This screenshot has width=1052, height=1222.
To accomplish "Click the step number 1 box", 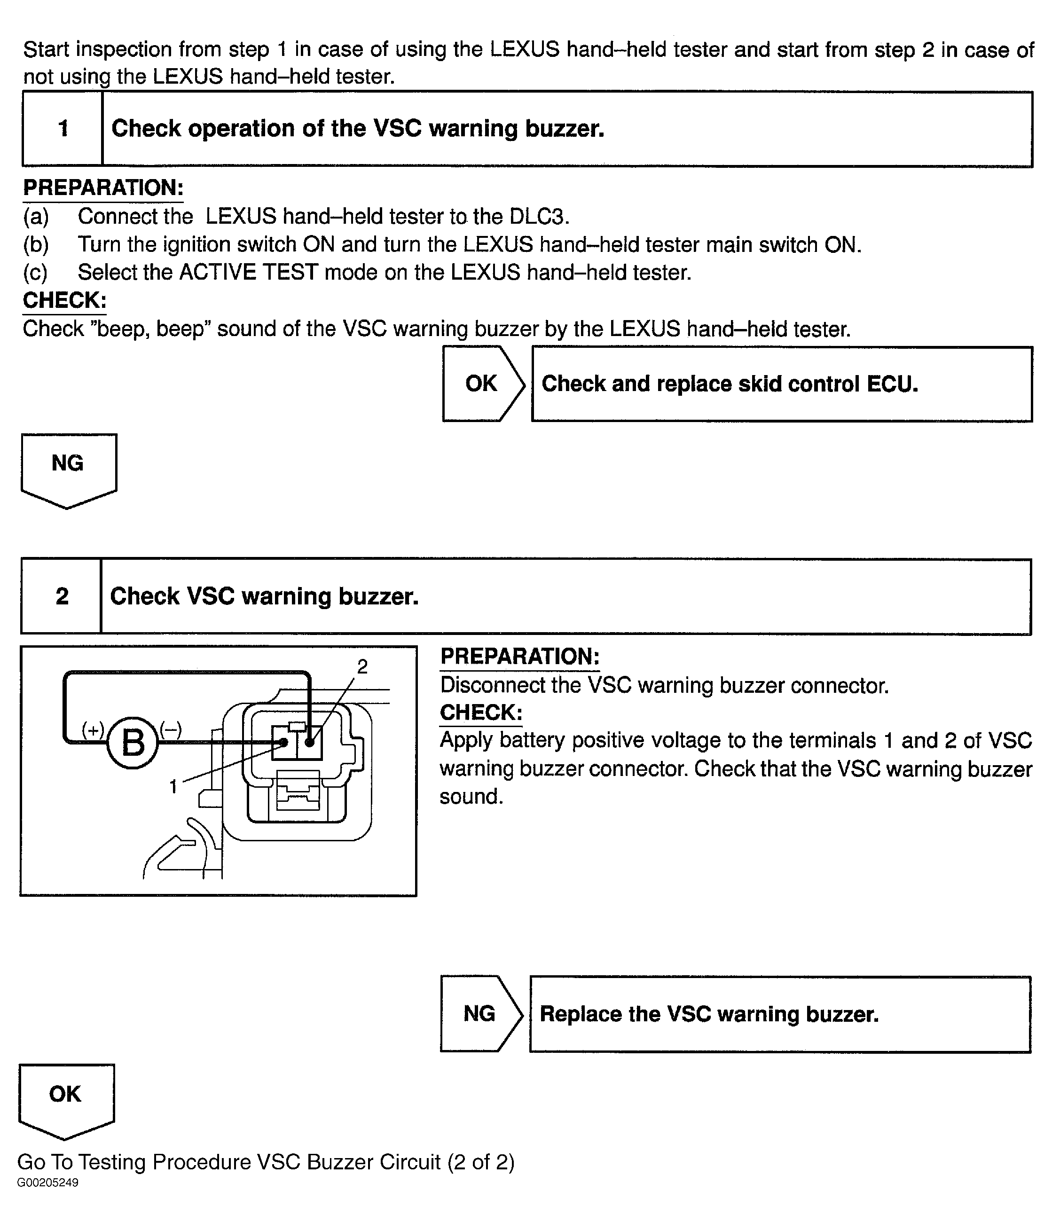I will pyautogui.click(x=63, y=129).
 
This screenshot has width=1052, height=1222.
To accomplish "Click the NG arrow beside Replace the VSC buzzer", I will pyautogui.click(x=480, y=1013).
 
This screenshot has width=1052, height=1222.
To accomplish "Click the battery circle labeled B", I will pyautogui.click(x=133, y=743).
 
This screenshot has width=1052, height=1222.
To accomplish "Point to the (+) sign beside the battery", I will pyautogui.click(x=93, y=730).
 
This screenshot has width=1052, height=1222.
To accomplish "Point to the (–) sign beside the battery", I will pyautogui.click(x=171, y=729).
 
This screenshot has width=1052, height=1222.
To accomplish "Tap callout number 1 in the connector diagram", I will pyautogui.click(x=173, y=786).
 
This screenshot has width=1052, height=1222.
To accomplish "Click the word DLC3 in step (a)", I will pyautogui.click(x=539, y=217).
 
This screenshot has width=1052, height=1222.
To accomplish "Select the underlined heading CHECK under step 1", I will pyautogui.click(x=64, y=300).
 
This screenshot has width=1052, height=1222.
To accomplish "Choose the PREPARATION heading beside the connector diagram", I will pyautogui.click(x=519, y=657).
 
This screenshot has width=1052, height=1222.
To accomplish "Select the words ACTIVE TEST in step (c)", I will pyautogui.click(x=248, y=273).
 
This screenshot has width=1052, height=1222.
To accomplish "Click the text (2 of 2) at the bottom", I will pyautogui.click(x=480, y=1162).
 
